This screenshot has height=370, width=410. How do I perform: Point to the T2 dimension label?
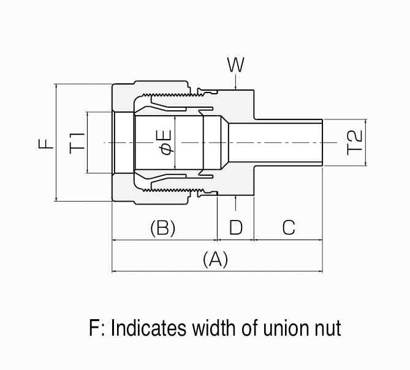click(x=356, y=142)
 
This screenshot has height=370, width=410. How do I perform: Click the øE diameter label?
click(x=166, y=142)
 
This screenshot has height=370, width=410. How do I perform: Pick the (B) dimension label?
click(x=163, y=228)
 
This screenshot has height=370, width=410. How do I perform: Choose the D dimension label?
click(x=236, y=228)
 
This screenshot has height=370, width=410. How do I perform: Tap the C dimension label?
click(x=289, y=228)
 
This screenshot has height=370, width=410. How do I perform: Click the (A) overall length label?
click(x=215, y=259)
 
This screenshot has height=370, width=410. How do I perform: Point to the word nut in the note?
click(x=327, y=329)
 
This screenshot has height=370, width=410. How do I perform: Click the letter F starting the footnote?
click(x=94, y=328)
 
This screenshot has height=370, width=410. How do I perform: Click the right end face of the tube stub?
click(x=322, y=142)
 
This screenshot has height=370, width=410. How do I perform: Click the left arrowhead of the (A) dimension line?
click(x=115, y=270)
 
